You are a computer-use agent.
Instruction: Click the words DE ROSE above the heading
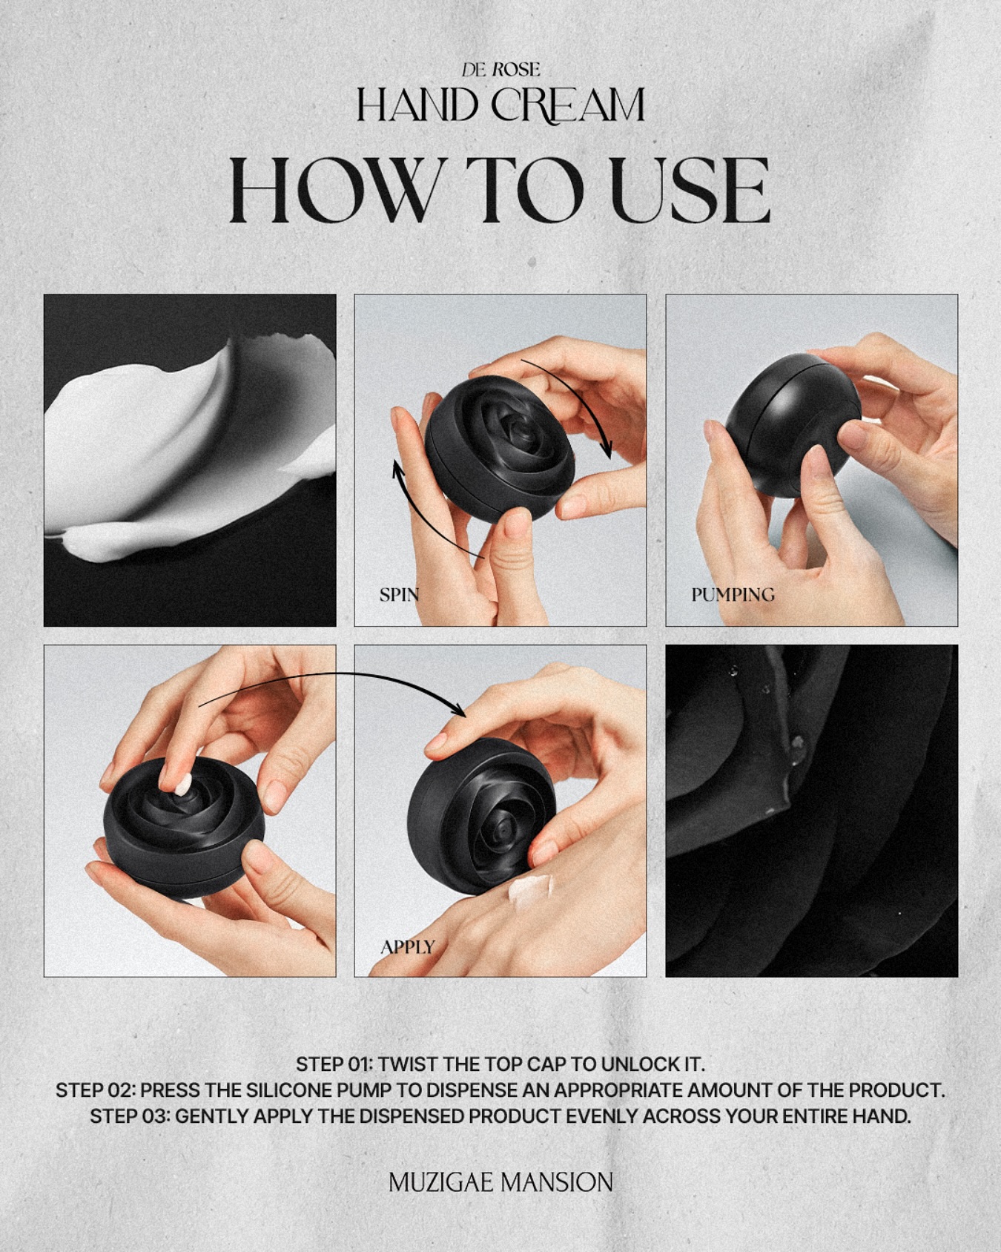[500, 70]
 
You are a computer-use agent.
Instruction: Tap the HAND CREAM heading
[500, 105]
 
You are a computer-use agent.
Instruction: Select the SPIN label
[399, 595]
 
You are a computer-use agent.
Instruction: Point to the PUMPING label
[733, 595]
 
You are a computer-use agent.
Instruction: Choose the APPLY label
[407, 947]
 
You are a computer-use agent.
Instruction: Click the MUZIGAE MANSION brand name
[500, 1182]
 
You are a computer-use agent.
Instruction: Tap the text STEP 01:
[334, 1064]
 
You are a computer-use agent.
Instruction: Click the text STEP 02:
[95, 1090]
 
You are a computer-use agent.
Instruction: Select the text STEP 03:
[130, 1116]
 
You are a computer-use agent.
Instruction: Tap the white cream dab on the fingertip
[182, 784]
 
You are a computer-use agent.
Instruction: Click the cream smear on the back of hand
[531, 889]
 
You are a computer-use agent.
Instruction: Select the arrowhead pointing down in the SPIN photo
[606, 449]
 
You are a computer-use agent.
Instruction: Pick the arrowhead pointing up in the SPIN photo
[398, 470]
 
